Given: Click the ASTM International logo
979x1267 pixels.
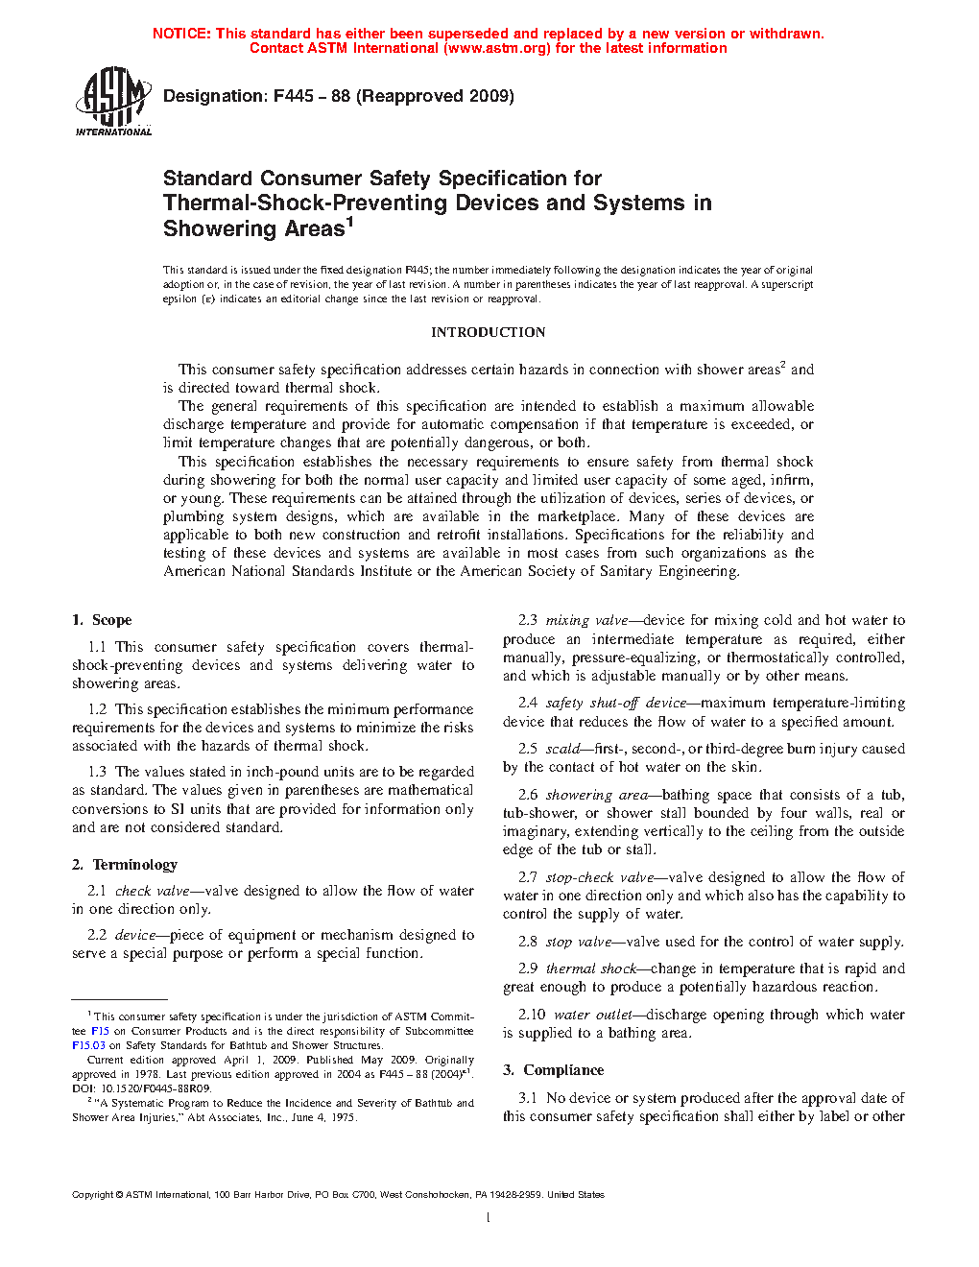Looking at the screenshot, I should tap(113, 101).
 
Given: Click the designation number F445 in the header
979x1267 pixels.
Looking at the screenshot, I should tap(293, 96).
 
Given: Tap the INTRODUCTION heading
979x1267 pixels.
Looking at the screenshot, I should tap(488, 332).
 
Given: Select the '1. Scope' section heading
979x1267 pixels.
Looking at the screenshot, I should tap(102, 620).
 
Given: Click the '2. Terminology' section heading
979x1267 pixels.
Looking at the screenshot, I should tap(125, 865).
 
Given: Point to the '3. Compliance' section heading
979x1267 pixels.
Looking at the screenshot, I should tap(553, 1070).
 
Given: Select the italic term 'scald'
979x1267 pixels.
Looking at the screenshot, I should tap(562, 749).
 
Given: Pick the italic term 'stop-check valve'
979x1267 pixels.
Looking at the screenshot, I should tap(600, 877).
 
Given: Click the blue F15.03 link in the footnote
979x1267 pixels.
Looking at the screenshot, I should tap(88, 1045).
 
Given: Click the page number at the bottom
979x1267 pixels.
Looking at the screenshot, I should tap(489, 1218).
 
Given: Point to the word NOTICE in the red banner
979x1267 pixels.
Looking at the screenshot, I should tap(181, 34).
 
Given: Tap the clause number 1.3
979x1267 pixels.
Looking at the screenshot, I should tap(97, 772).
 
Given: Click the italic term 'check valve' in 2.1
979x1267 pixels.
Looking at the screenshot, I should tap(153, 891).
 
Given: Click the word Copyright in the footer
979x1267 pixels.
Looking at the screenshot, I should tap(92, 1195).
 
